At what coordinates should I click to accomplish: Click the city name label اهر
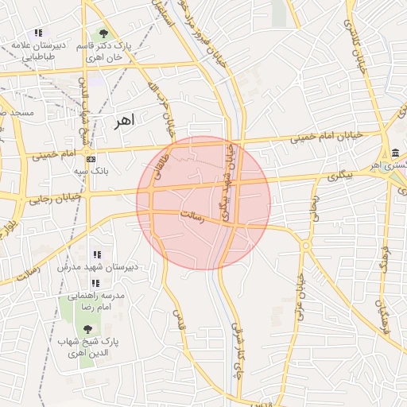pyautogui.click(x=125, y=120)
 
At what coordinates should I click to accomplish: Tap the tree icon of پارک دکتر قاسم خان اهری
pyautogui.click(x=103, y=33)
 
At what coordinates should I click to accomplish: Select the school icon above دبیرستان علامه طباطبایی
pyautogui.click(x=38, y=33)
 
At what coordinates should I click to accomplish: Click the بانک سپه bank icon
pyautogui.click(x=90, y=158)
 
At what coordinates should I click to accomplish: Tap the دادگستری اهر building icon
pyautogui.click(x=395, y=153)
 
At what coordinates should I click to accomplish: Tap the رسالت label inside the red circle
pyautogui.click(x=192, y=216)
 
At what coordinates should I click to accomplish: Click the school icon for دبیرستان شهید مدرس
pyautogui.click(x=97, y=254)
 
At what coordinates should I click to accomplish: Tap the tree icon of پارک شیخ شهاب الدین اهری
pyautogui.click(x=87, y=328)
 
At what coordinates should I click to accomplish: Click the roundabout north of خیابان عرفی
pyautogui.click(x=305, y=246)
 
